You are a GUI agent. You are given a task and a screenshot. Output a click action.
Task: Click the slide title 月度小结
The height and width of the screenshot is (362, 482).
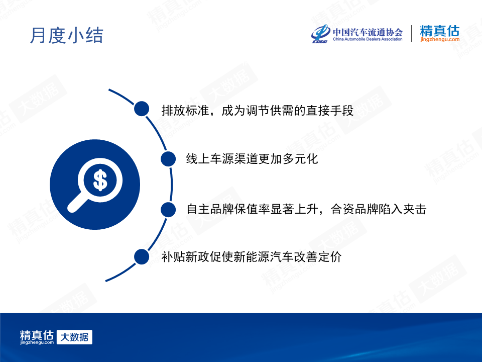pos(66,35)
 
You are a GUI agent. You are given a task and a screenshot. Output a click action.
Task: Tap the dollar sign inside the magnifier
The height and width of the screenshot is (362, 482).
pos(100,180)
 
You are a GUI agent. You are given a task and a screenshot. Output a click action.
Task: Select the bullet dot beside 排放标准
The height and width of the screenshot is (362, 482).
pos(142,109)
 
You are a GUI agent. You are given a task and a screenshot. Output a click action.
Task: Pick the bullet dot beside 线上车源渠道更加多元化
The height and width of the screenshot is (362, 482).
pos(168,159)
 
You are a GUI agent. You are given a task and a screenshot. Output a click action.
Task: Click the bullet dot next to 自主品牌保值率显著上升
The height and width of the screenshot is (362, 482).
pos(168,210)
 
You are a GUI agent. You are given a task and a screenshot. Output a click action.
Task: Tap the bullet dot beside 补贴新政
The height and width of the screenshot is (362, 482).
pos(142,257)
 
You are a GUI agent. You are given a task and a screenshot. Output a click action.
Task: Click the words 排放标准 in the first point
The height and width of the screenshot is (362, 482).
pos(185,111)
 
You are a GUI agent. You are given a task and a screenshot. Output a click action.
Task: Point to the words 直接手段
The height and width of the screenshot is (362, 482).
pos(330,111)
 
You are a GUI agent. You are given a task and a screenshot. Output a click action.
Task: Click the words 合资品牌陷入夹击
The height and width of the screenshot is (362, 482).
pos(379,209)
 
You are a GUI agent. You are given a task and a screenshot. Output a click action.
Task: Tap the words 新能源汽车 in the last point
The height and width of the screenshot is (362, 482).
pos(264,257)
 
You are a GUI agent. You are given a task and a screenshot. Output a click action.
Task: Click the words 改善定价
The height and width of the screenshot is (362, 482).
pos(318,257)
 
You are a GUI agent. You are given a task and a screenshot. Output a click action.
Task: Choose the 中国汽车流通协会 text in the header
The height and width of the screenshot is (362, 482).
pos(368,32)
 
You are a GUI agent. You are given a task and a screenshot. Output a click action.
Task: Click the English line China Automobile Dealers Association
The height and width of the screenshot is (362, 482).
pos(368,39)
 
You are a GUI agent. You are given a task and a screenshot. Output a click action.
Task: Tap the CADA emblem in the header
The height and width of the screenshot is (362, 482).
pos(321,34)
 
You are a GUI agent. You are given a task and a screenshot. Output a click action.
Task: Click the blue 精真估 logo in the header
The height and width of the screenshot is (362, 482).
pos(440,31)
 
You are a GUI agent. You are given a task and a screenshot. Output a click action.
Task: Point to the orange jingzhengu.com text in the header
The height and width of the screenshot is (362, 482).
pos(440,40)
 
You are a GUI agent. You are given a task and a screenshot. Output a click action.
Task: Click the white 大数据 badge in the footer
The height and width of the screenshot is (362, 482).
pos(74,337)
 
